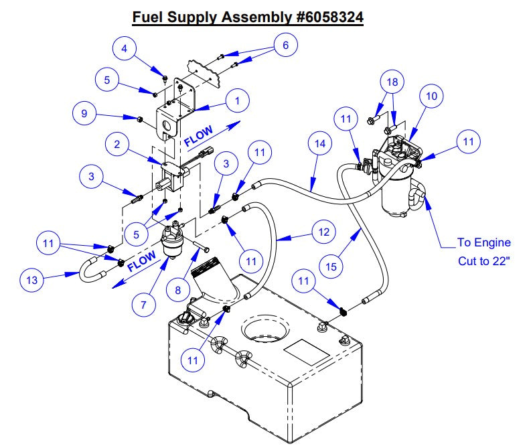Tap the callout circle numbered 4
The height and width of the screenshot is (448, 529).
124,48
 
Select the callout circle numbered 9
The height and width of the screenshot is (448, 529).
84,114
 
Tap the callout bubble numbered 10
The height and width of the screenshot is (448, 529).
431,96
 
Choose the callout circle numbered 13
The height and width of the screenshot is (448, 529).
32,280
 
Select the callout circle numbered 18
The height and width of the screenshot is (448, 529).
393,82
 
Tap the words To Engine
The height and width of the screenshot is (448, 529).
483,242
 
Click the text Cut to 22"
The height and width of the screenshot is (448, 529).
483,260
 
